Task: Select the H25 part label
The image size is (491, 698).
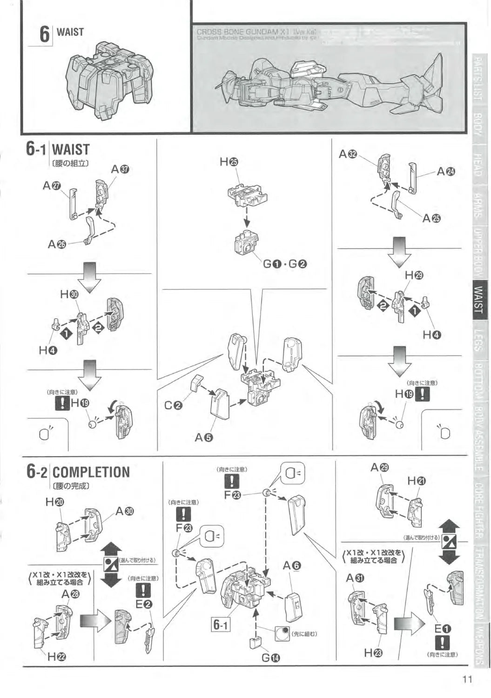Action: coord(229,162)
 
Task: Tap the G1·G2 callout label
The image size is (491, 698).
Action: coord(285,264)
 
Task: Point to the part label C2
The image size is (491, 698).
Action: coord(174,405)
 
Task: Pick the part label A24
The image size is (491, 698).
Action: coord(446,171)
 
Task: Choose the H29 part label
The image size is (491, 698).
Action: coord(414,275)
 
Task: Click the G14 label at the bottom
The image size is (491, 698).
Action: coord(270,658)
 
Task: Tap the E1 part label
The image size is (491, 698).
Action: coord(442,629)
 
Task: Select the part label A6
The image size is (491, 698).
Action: coord(292,565)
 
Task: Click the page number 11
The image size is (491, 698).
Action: coord(467,679)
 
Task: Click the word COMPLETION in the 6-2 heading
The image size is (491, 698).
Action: coord(91,472)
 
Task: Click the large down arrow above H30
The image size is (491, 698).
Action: coord(89,276)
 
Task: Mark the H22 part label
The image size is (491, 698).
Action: coord(57,656)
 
